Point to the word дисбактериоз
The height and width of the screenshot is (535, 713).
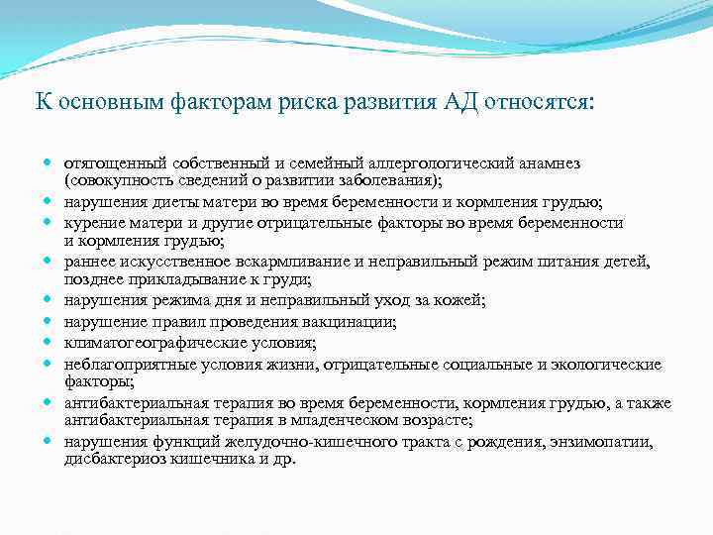tap(111, 460)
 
